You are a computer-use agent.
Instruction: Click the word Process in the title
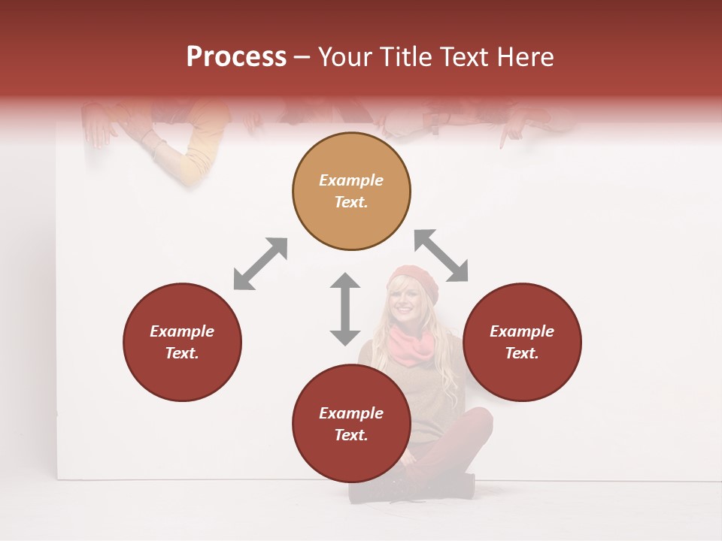(x=236, y=57)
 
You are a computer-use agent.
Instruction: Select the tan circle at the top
(x=351, y=192)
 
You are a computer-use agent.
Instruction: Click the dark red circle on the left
(x=182, y=342)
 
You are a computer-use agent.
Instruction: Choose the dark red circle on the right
(x=521, y=342)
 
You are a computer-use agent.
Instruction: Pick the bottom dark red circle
(x=351, y=424)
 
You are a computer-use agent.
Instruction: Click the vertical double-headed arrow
(x=345, y=309)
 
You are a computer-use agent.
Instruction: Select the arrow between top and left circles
(x=260, y=264)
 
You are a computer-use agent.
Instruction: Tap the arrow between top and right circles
(x=441, y=255)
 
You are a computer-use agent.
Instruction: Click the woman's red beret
(x=413, y=280)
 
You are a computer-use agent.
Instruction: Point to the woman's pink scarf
(x=412, y=346)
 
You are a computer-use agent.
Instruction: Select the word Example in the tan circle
(x=351, y=180)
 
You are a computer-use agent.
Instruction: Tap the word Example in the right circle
(x=521, y=331)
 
